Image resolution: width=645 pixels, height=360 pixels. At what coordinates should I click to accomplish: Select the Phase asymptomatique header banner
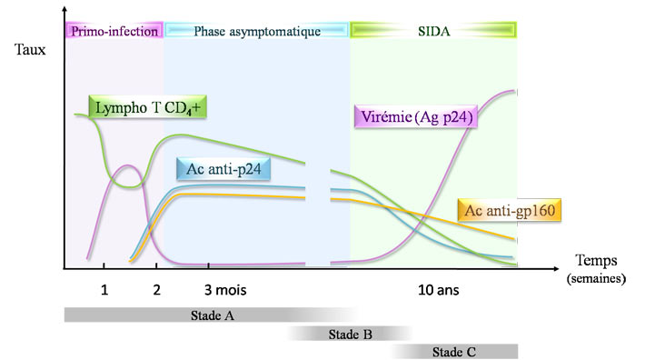257,31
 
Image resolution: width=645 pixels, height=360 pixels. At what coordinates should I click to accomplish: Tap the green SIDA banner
433,31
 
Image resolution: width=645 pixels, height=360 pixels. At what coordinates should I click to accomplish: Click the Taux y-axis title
30,53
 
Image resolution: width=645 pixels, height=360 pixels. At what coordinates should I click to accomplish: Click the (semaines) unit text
596,278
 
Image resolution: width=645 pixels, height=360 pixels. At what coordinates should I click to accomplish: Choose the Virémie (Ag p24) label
415,117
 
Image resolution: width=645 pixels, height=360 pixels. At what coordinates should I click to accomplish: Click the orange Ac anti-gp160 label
509,211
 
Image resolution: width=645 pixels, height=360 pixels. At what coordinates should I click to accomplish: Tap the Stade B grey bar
351,334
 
